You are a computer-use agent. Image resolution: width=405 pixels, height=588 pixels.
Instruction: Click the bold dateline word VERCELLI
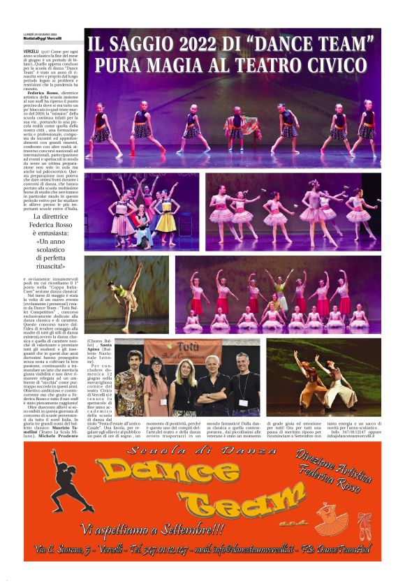[x=31, y=52]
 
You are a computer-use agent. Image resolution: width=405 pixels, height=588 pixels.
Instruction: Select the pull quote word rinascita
[x=63, y=266]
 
